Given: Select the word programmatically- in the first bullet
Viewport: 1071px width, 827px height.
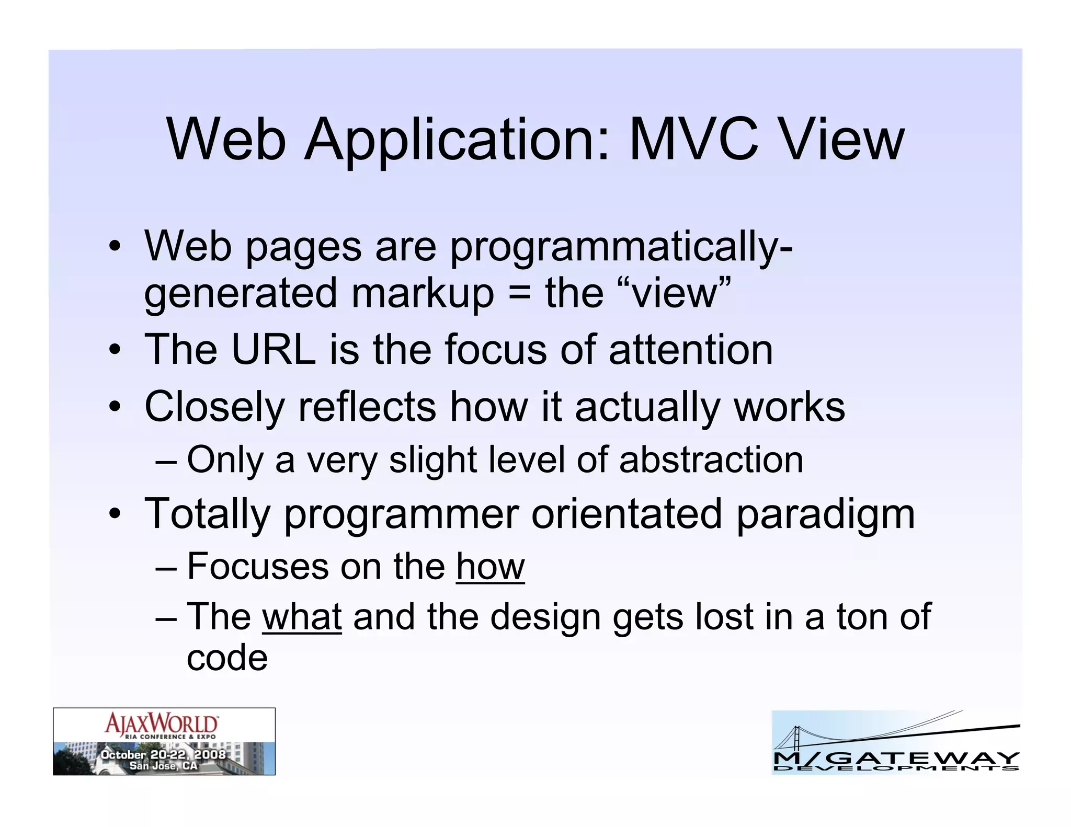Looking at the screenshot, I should click(621, 248).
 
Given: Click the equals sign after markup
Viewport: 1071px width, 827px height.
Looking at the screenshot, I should click(519, 294).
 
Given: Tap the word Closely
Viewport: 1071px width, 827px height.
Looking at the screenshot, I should click(214, 408).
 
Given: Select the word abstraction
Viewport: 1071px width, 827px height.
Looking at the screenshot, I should click(711, 460).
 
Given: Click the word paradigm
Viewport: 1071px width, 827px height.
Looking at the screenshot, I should click(826, 515).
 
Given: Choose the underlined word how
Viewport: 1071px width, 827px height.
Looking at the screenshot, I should click(490, 567).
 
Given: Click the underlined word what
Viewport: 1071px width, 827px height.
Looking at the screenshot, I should click(302, 617).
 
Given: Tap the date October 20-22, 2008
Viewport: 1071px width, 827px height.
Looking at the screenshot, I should click(163, 754).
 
